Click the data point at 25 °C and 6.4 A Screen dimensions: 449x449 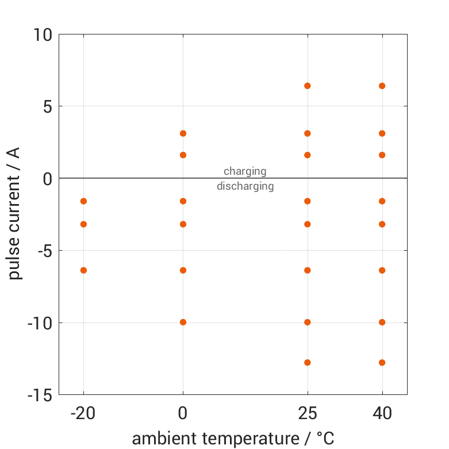tap(308, 86)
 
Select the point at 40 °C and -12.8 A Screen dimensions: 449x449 tap(382, 363)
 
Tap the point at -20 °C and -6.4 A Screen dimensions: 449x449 tap(83, 270)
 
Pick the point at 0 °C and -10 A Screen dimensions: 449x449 tap(183, 322)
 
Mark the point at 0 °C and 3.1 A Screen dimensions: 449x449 tap(183, 133)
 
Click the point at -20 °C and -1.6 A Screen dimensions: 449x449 tap(83, 201)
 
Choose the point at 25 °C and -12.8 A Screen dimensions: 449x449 tap(308, 363)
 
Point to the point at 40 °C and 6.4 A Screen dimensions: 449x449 tap(382, 86)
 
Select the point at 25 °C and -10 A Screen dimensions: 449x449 tap(308, 322)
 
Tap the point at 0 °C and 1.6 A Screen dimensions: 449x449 tap(183, 155)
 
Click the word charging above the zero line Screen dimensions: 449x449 tap(245, 171)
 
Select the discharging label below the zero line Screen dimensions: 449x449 tap(245, 186)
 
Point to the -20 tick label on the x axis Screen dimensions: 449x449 tap(83, 413)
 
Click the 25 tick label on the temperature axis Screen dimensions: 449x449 tap(308, 413)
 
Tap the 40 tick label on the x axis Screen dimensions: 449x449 tap(382, 413)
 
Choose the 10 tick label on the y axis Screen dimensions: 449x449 tap(42, 35)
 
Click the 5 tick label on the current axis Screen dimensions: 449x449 tap(47, 107)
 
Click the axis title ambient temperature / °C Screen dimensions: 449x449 tap(233, 439)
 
